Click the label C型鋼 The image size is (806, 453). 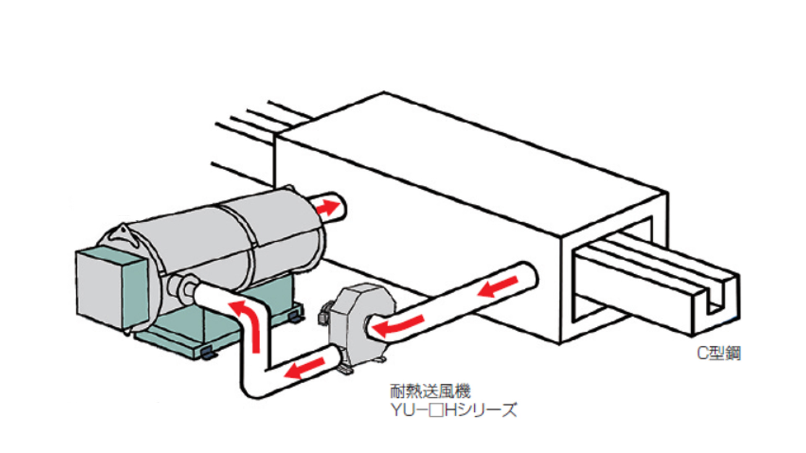719,353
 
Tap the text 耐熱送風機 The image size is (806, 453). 430,391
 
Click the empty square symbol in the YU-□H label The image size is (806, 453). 436,410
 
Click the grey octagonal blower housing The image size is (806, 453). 361,323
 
